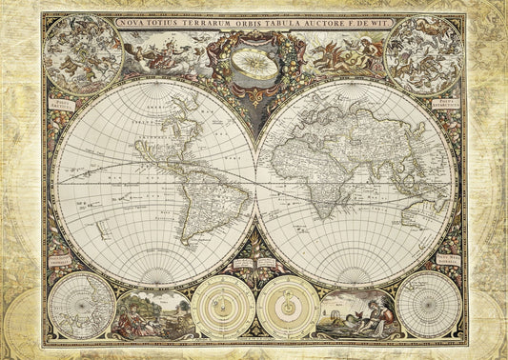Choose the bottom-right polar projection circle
point(428,306)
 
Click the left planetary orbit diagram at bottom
point(222,307)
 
